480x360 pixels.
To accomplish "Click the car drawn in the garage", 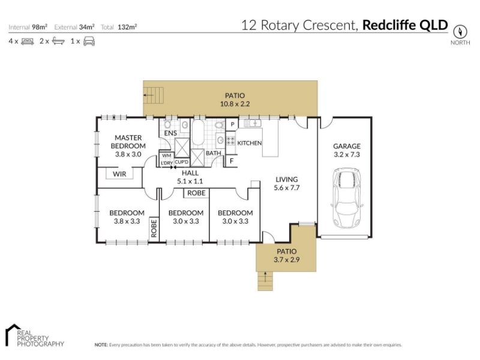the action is click(x=347, y=197).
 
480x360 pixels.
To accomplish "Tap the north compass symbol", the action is click(x=460, y=32).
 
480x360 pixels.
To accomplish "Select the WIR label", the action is click(x=119, y=174).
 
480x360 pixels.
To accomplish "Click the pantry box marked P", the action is click(x=232, y=124).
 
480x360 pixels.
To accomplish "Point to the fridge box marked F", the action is click(x=232, y=161).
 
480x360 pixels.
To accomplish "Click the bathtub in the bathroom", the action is click(x=198, y=132).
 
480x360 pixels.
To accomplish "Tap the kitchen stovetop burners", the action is click(x=230, y=141).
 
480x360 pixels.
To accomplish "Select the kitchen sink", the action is click(x=253, y=124).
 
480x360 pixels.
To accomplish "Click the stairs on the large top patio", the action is click(x=154, y=95).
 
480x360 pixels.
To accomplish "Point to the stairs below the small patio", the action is click(x=265, y=281).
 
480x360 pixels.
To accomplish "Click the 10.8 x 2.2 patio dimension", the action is click(x=235, y=104).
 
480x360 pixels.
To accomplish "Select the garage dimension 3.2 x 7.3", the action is click(x=347, y=155).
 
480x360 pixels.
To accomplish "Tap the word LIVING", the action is click(x=287, y=179).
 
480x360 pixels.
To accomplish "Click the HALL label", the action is click(x=190, y=173).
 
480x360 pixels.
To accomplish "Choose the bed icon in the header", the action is click(x=28, y=41).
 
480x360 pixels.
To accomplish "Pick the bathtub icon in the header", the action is click(x=58, y=41).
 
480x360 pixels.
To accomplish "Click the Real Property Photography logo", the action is click(x=35, y=335).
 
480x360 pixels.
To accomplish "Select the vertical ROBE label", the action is click(x=154, y=228).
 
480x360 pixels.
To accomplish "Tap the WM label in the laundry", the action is click(x=167, y=155).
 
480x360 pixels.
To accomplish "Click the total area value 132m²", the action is click(x=127, y=27).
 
